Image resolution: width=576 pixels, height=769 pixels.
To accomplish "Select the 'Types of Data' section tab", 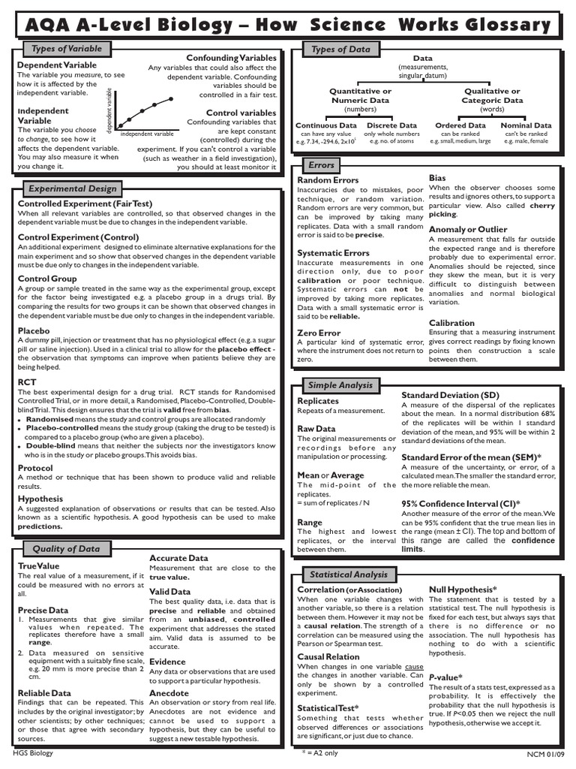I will pyautogui.click(x=340, y=50).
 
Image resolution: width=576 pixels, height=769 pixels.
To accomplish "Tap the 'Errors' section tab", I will pyautogui.click(x=321, y=164).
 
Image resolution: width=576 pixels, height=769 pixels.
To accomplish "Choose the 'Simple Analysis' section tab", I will pyautogui.click(x=340, y=385).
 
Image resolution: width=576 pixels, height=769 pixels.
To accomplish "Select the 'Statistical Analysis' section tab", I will pyautogui.click(x=349, y=574).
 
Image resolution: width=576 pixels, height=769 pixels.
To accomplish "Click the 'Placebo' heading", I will pyautogui.click(x=34, y=330).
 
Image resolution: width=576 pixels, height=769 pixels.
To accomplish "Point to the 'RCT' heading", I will pyautogui.click(x=27, y=382).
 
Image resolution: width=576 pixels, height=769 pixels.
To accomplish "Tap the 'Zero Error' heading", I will pyautogui.click(x=319, y=333).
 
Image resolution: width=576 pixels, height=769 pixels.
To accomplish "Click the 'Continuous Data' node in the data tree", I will pyautogui.click(x=326, y=125).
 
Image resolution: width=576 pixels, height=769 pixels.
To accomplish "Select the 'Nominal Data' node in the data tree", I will pyautogui.click(x=526, y=125).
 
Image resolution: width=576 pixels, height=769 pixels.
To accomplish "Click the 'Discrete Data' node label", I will pyautogui.click(x=391, y=125).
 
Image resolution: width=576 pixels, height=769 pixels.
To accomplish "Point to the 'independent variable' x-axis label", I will pyautogui.click(x=147, y=134).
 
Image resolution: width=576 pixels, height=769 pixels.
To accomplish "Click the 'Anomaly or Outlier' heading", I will pyautogui.click(x=468, y=229).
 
